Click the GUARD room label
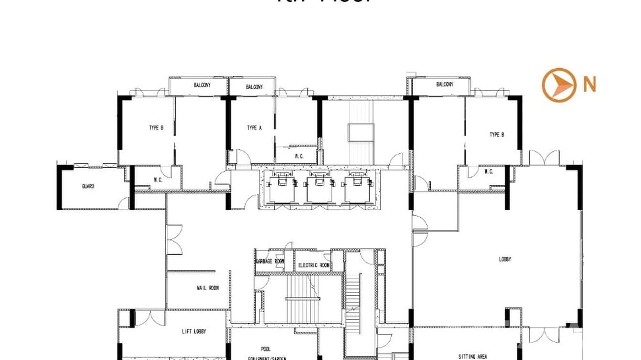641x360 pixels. click(87, 186)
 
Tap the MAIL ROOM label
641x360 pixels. click(208, 288)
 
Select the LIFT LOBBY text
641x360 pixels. click(197, 331)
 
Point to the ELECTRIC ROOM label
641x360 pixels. click(314, 265)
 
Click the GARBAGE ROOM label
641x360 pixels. click(270, 261)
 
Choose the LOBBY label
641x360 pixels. click(505, 259)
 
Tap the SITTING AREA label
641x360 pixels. click(472, 356)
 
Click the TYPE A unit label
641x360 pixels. click(254, 127)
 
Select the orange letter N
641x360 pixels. click(590, 85)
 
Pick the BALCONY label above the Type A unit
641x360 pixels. click(254, 87)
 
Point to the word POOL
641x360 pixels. click(266, 349)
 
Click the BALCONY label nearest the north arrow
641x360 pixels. click(444, 85)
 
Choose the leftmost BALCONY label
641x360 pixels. click(202, 85)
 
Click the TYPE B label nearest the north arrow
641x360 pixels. click(497, 135)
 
